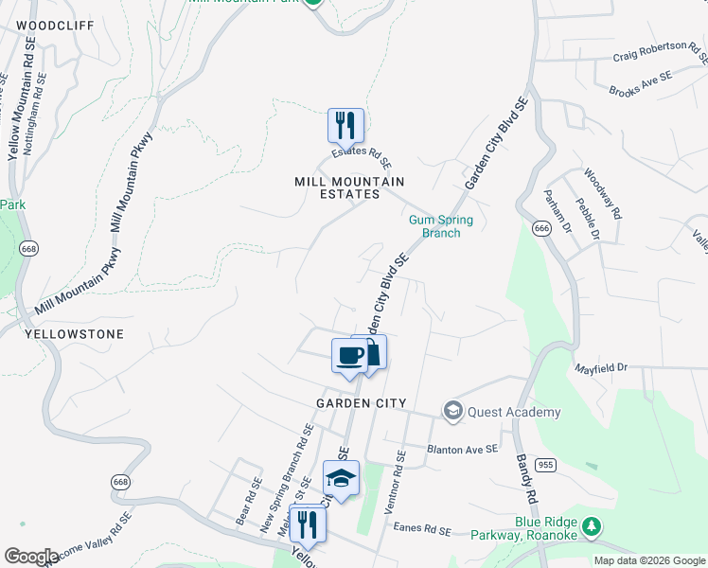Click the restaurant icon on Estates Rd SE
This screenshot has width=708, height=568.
[x=345, y=125]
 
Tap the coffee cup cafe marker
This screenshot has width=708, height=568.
[x=349, y=355]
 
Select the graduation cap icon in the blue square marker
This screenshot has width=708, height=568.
[x=341, y=478]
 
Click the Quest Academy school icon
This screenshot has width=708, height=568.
[x=453, y=411]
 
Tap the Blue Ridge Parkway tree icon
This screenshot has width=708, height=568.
[x=592, y=524]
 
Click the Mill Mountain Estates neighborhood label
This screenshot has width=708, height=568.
[x=349, y=187]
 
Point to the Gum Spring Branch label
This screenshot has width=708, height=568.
[x=440, y=226]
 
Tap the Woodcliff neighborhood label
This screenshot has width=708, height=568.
[x=56, y=26]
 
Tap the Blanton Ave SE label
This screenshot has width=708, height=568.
[x=462, y=450]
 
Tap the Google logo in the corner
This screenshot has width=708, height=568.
[x=31, y=557]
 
